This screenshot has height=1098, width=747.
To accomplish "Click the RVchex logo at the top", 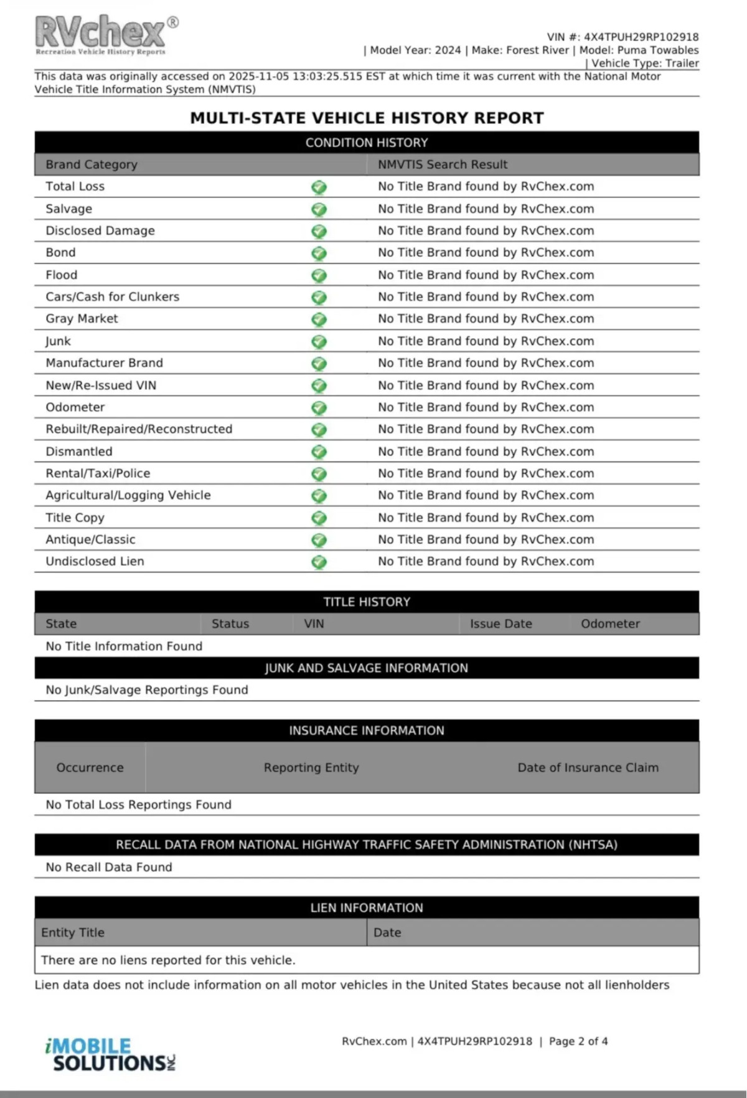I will (x=103, y=34).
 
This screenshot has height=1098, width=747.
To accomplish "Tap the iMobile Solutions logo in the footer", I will (x=110, y=1054).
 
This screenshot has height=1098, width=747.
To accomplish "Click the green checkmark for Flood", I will (x=319, y=275).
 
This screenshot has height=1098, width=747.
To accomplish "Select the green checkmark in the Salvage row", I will (x=319, y=209).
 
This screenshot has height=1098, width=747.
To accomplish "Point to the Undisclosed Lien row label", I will (x=95, y=561).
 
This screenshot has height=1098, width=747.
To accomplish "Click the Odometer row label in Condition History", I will (x=75, y=407).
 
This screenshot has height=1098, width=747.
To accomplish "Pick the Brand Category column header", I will (x=92, y=164).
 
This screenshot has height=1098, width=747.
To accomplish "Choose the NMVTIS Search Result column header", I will (x=443, y=164).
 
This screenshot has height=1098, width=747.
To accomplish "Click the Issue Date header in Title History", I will (x=500, y=623).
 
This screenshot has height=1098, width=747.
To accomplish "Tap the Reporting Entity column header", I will (x=311, y=767).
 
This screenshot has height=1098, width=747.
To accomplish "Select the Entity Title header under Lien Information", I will (x=73, y=932).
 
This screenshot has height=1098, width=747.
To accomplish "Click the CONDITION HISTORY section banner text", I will (x=367, y=143).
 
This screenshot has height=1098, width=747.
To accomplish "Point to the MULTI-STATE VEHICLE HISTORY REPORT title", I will (x=367, y=118).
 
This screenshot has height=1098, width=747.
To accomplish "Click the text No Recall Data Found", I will (x=109, y=867).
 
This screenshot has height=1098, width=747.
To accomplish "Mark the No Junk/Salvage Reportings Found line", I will (x=147, y=690).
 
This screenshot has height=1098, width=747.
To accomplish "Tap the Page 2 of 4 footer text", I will (x=578, y=1041).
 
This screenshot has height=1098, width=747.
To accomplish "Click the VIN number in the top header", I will (x=641, y=37).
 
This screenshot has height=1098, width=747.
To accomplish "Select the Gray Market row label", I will (x=82, y=319).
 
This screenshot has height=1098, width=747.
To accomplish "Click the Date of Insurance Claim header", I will (x=588, y=767).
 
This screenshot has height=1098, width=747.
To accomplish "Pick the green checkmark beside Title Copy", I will (x=319, y=518).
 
